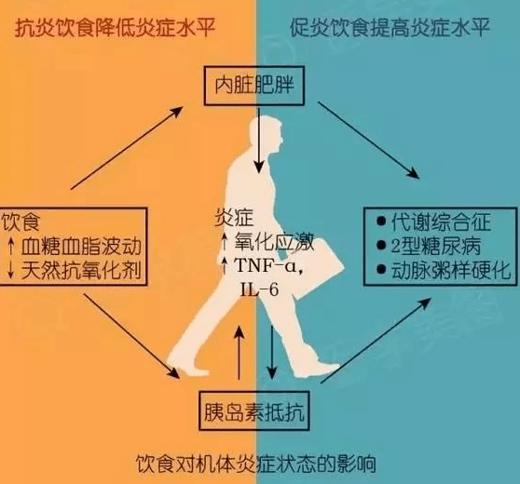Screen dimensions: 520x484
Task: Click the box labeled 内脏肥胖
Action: pyautogui.click(x=253, y=87)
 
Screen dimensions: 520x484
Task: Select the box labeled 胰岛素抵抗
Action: pyautogui.click(x=254, y=411)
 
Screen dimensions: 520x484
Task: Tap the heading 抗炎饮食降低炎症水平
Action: pyautogui.click(x=115, y=28)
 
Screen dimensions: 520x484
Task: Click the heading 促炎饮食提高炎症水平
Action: pyautogui.click(x=390, y=28)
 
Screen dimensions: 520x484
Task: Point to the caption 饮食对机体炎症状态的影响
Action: pyautogui.click(x=256, y=464)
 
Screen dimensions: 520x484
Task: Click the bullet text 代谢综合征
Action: pyautogui.click(x=441, y=222)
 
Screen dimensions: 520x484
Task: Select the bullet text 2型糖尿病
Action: pyautogui.click(x=436, y=246)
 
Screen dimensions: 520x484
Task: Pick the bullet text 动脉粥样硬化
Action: pyautogui.click(x=451, y=271)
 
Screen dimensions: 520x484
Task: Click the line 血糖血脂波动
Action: pyautogui.click(x=82, y=246)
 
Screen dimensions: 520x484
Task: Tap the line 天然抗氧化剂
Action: pyautogui.click(x=82, y=271)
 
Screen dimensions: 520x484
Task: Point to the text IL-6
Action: pyautogui.click(x=259, y=290)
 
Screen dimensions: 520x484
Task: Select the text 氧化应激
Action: pyautogui.click(x=274, y=242)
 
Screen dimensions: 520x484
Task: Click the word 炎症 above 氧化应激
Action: pyautogui.click(x=234, y=218)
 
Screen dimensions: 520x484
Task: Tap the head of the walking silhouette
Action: pyautogui.click(x=267, y=134)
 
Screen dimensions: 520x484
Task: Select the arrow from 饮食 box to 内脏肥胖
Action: pyautogui.click(x=127, y=148)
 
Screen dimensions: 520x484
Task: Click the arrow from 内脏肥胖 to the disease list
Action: pyautogui.click(x=369, y=141)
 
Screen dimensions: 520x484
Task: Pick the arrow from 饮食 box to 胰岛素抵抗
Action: pyautogui.click(x=131, y=336)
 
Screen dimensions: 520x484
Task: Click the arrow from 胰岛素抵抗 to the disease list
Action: pyautogui.click(x=376, y=341)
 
